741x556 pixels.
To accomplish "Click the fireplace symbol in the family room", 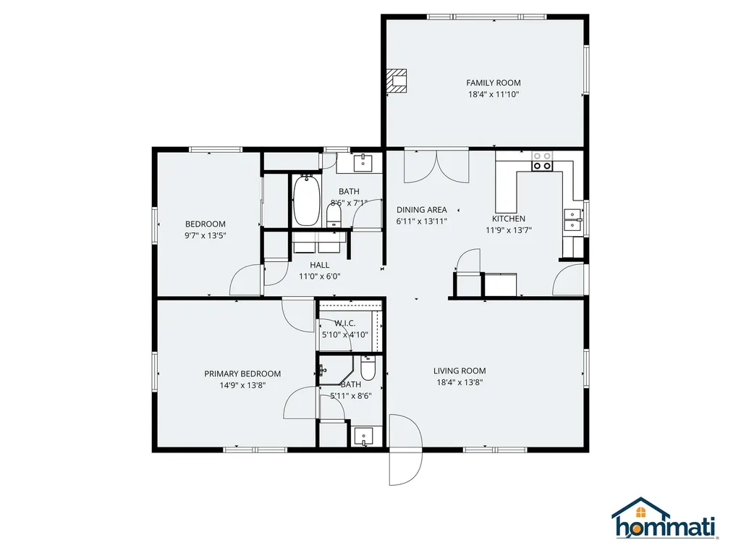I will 396,80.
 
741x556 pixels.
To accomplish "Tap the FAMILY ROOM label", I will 493,83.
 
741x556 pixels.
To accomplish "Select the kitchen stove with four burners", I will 542,161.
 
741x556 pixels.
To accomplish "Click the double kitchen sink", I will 572,219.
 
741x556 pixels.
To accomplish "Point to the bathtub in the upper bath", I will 306,201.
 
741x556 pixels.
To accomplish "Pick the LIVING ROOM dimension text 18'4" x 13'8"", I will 460,383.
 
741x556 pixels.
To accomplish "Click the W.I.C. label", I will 344,323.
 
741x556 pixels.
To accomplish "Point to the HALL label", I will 320,265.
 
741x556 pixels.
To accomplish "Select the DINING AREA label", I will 421,210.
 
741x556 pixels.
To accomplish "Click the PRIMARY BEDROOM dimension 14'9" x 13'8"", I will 242,385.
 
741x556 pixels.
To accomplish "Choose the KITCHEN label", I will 509,219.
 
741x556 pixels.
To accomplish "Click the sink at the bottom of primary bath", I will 364,436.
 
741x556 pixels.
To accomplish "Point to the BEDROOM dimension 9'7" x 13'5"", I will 206,235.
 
